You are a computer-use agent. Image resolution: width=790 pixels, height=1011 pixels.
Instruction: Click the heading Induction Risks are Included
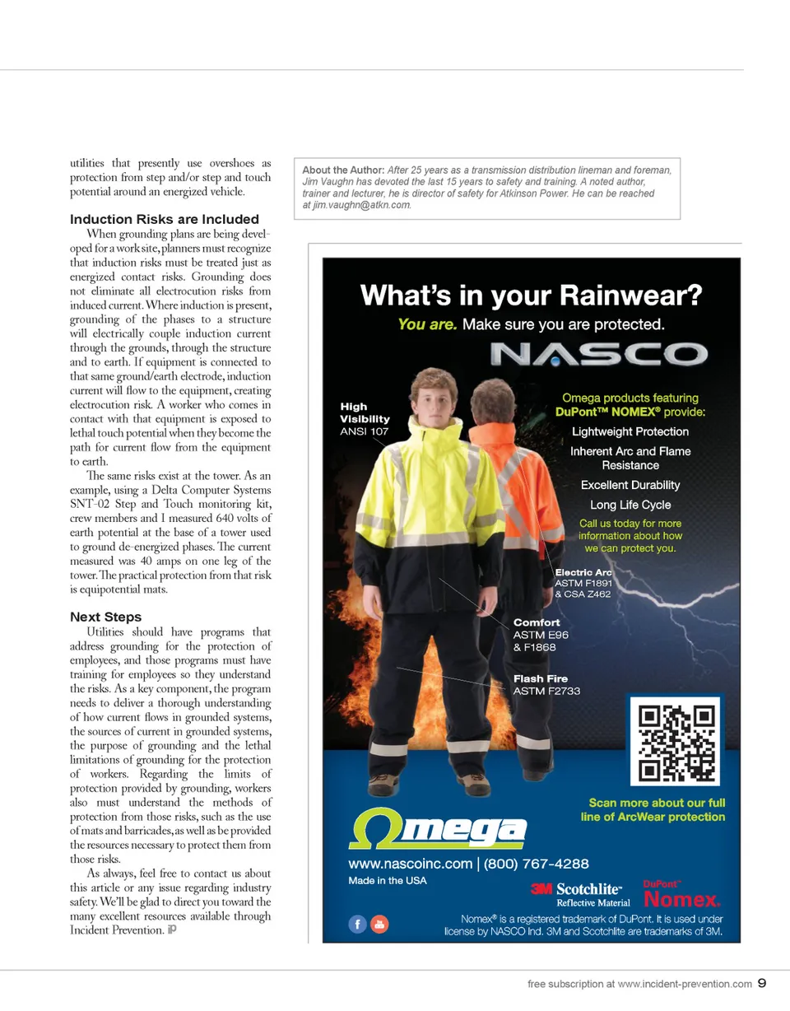pos(165,219)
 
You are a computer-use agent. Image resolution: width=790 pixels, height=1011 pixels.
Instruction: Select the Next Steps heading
pos(105,617)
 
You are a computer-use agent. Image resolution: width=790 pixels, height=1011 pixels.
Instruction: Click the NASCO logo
pos(598,354)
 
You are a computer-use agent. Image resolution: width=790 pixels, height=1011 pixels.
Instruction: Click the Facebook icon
pos(357,924)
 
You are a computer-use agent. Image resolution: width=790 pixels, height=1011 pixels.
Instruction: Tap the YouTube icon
pos(379,924)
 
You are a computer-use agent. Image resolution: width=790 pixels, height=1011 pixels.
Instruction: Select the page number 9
pos(762,982)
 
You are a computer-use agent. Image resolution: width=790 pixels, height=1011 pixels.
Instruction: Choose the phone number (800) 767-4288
pos(536,864)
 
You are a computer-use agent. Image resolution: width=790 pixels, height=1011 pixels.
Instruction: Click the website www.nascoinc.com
pos(409,864)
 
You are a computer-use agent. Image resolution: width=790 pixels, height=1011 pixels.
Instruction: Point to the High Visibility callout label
pos(365,418)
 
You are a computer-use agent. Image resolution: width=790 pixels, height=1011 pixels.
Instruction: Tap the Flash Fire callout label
pos(546,684)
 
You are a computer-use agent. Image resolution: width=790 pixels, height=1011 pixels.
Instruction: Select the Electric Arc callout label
pos(583,582)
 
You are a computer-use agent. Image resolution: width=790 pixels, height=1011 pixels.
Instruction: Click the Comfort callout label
pos(541,634)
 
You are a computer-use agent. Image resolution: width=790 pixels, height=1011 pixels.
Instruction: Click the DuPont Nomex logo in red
pos(681,894)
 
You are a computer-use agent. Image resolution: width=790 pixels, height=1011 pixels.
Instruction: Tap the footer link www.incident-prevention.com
pos(684,983)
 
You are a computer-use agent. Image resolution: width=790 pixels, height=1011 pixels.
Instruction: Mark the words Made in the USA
pos(387,880)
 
